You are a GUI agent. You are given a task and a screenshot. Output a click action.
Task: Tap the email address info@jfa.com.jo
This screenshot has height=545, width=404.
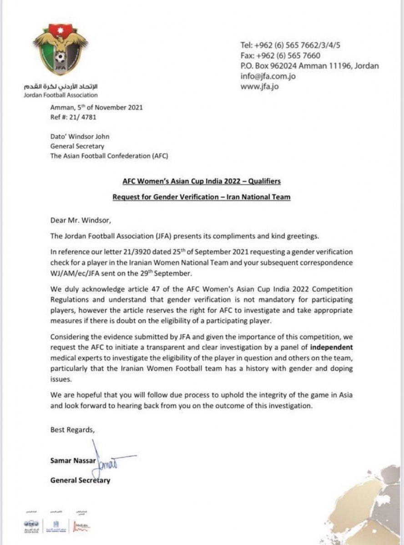[268, 76]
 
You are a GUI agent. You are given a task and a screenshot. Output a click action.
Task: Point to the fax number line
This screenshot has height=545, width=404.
[280, 55]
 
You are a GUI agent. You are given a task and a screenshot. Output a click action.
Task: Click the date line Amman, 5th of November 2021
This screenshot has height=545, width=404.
[96, 108]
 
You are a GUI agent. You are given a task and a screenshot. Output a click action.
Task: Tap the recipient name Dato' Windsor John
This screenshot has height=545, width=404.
[80, 136]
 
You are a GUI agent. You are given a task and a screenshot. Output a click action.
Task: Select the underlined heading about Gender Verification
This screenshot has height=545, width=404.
[202, 197]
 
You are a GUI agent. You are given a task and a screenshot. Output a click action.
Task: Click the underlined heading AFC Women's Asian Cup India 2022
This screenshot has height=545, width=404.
[202, 181]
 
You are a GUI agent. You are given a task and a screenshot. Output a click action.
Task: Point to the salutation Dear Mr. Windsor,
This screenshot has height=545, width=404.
[80, 221]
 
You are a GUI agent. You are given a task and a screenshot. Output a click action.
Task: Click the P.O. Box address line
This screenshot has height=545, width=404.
[309, 66]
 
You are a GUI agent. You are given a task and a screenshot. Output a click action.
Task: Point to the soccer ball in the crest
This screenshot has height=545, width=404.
[60, 58]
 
